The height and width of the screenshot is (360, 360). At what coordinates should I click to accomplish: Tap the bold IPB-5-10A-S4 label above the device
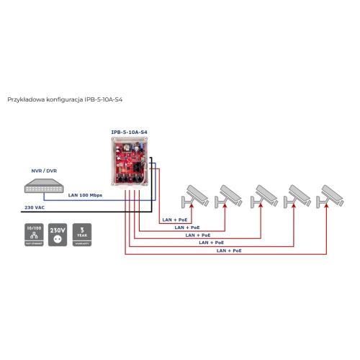[129, 131]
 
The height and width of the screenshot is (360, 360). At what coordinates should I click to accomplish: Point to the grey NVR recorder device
[45, 185]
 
